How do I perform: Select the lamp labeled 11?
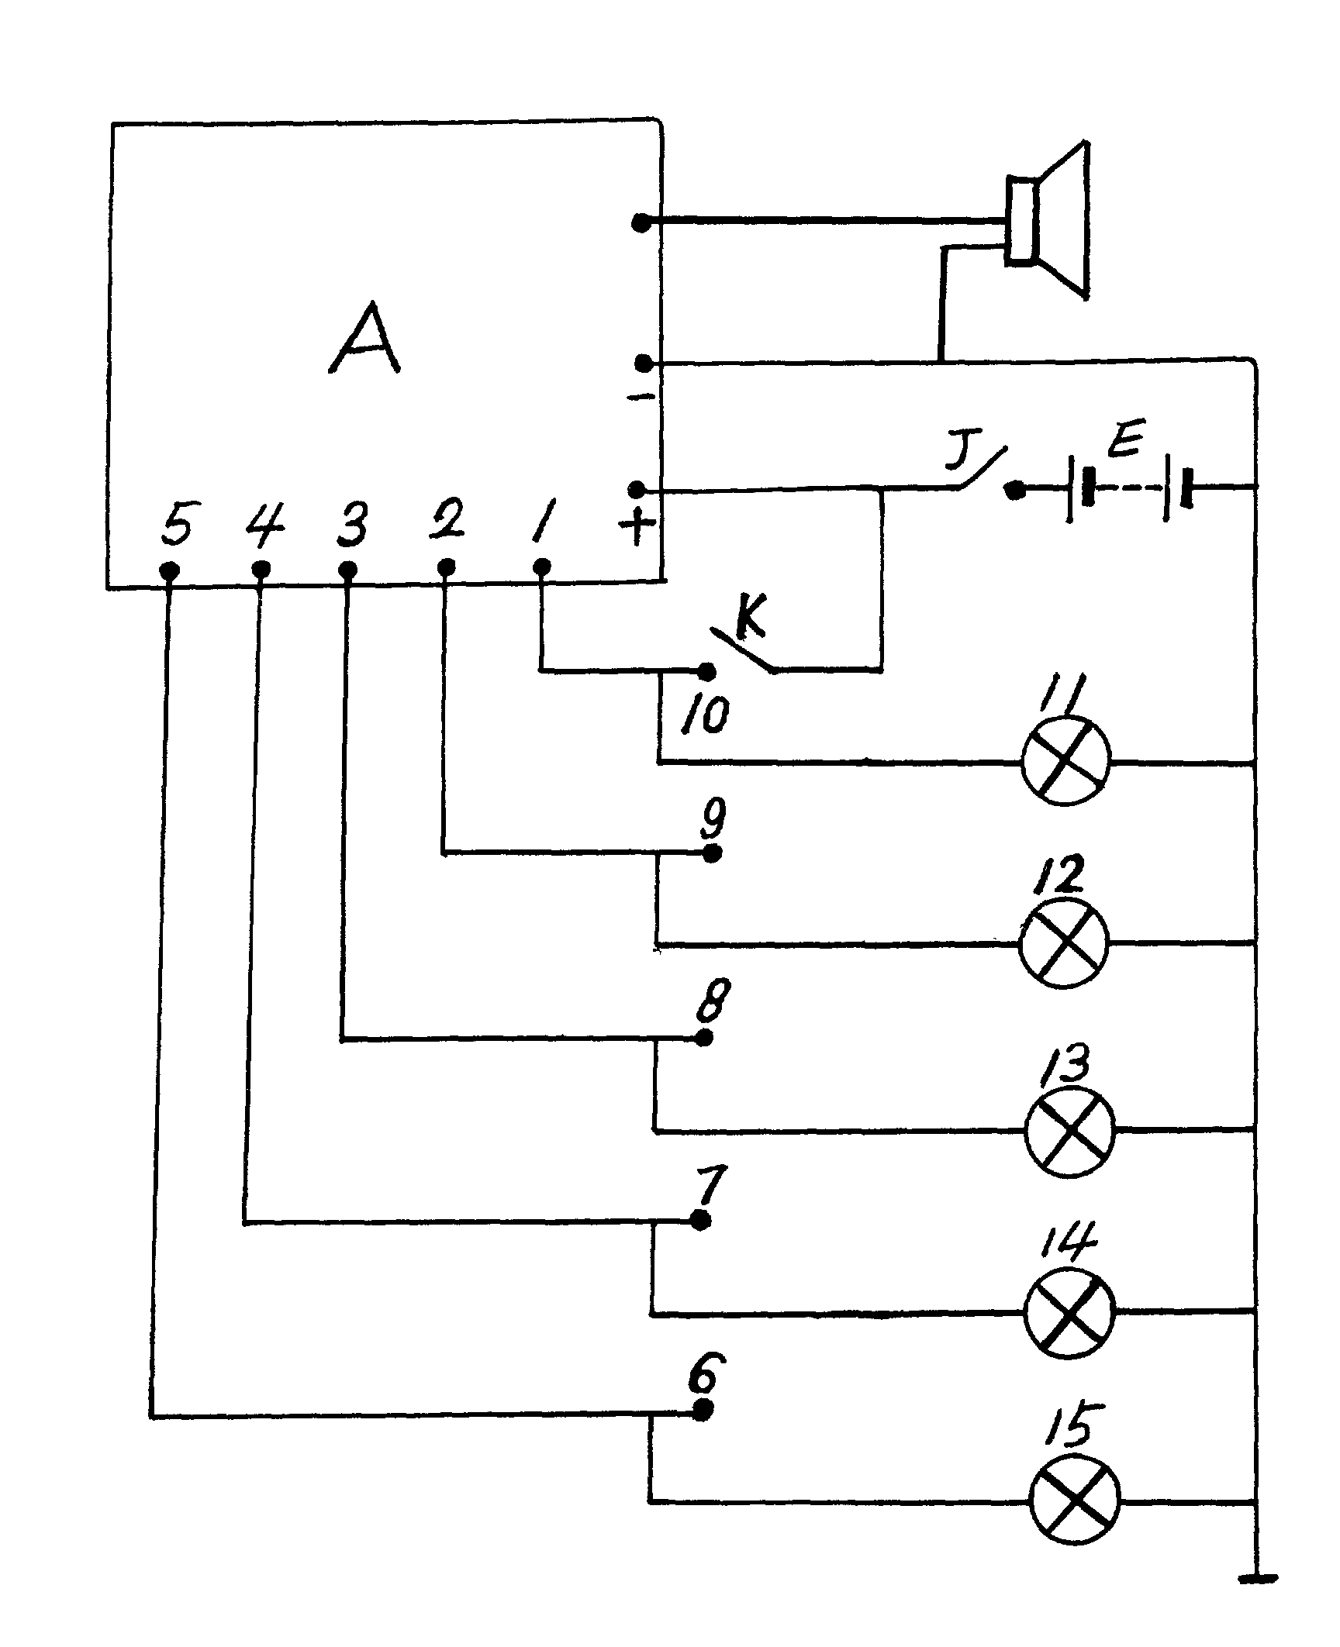[x=1066, y=762]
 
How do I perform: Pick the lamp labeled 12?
[x=1063, y=943]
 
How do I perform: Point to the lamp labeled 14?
[x=1069, y=1312]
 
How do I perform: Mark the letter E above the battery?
[x=1122, y=443]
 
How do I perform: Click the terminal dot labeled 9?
[x=713, y=854]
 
